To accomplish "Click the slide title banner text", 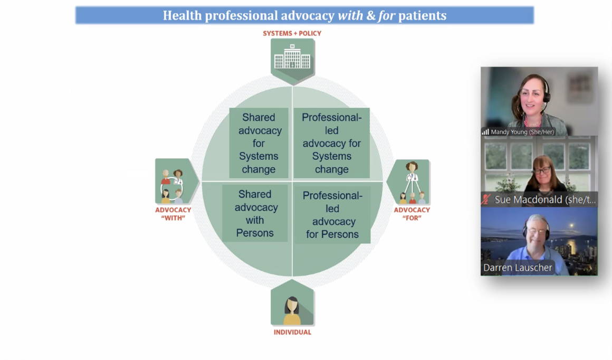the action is click(304, 15).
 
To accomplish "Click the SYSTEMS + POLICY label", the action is click(292, 34).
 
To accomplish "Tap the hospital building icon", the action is click(292, 57).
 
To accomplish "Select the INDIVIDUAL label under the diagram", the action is click(292, 332).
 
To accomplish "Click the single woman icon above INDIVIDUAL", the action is click(292, 310).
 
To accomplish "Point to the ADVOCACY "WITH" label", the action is click(173, 214).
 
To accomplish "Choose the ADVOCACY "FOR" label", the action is click(412, 214).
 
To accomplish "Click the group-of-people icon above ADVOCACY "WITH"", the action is click(172, 185).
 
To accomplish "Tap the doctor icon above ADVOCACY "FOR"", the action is click(412, 183).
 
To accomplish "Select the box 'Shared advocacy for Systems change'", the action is click(259, 143).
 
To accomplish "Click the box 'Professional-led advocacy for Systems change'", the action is click(332, 143).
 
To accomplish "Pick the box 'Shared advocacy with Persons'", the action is click(255, 213).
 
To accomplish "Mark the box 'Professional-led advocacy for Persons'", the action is click(332, 215).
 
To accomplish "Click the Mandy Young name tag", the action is click(522, 132).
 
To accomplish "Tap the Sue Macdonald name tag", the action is click(545, 200).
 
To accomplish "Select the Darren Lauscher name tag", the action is click(518, 268).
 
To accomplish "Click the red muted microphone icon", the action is click(486, 200).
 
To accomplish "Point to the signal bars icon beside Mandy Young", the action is click(485, 132).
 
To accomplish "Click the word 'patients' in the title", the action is click(422, 16).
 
